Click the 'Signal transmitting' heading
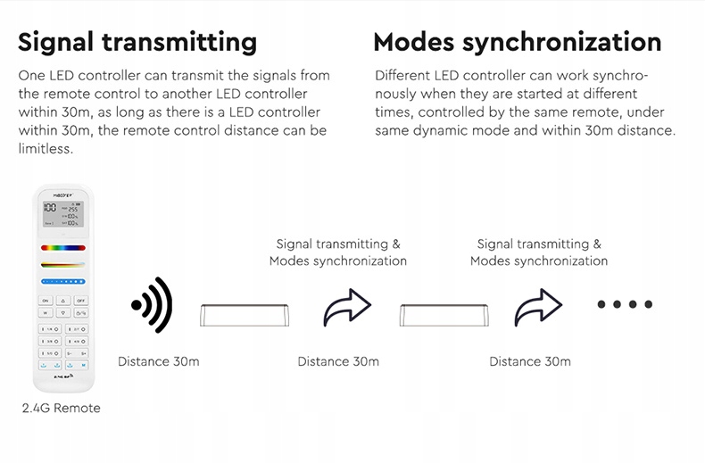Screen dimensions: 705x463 pos(137,42)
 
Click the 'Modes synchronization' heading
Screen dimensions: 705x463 pos(517,42)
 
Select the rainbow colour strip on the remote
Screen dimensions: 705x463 pos(62,247)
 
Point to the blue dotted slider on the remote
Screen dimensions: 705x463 pos(62,280)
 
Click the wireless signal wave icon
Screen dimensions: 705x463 pos(152,305)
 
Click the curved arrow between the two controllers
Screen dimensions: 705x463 pos(346,308)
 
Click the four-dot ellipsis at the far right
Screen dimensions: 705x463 pos(625,305)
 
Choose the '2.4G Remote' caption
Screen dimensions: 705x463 pos(62,408)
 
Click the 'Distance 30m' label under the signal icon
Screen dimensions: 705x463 pos(159,361)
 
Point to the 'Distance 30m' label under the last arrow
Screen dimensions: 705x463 pos(530,361)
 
